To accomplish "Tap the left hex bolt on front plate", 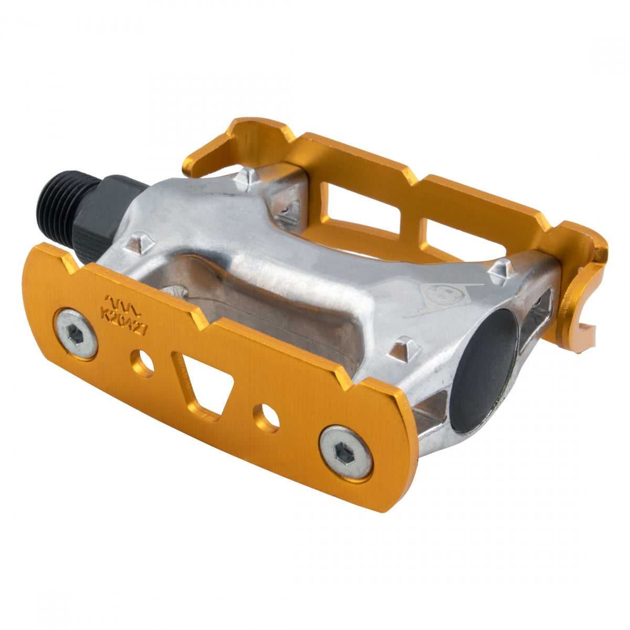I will point(77,333).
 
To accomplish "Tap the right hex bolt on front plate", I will point(346,452).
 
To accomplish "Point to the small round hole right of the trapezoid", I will point(267,417).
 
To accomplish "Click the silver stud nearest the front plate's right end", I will point(405,348).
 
